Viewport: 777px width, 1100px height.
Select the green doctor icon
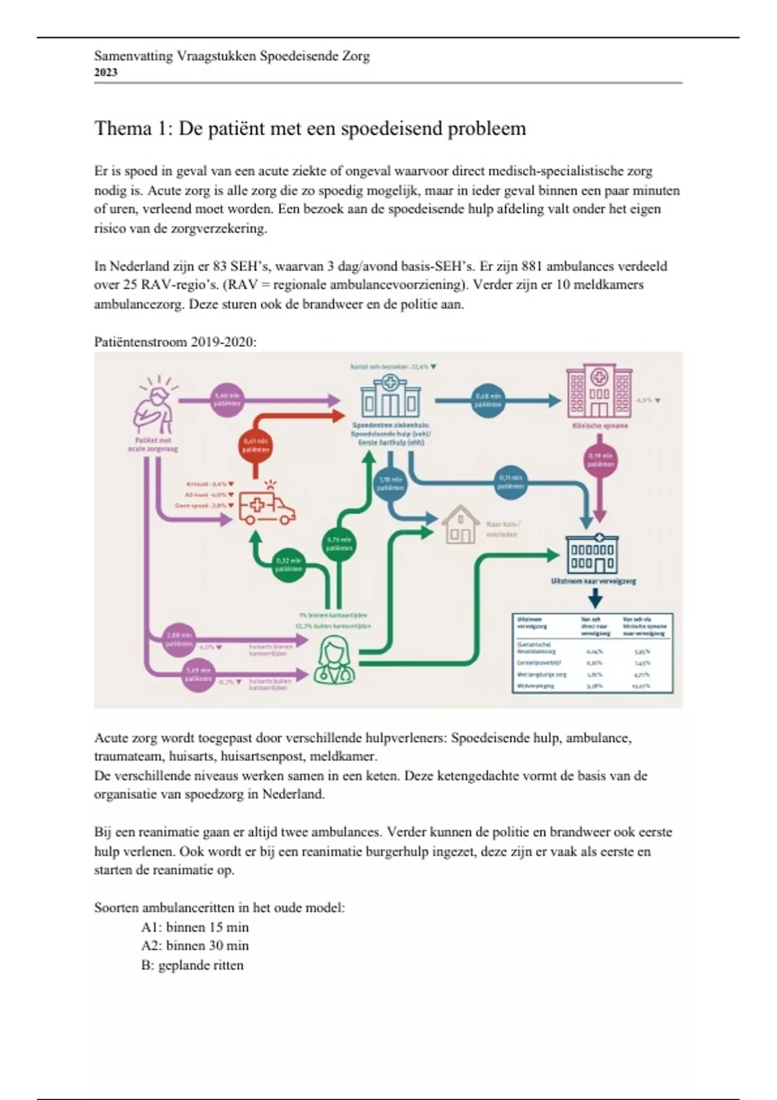pyautogui.click(x=334, y=659)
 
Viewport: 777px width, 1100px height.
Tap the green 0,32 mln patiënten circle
pyautogui.click(x=288, y=565)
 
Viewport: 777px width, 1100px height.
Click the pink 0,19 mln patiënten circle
pyautogui.click(x=600, y=460)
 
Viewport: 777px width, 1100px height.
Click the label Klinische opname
pyautogui.click(x=600, y=426)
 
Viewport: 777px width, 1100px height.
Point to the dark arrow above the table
pyautogui.click(x=594, y=599)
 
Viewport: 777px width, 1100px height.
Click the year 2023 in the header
pyautogui.click(x=106, y=72)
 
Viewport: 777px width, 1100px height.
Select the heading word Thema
pyautogui.click(x=123, y=128)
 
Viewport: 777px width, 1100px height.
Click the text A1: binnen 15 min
pyautogui.click(x=195, y=927)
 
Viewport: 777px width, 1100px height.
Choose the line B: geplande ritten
pyautogui.click(x=192, y=965)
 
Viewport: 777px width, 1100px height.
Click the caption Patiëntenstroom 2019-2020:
pyautogui.click(x=175, y=342)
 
